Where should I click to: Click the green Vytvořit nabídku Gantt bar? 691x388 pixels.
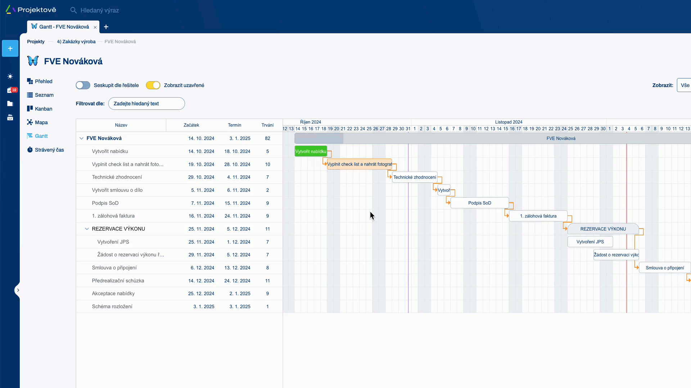pyautogui.click(x=311, y=151)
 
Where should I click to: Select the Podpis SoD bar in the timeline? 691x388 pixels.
pyautogui.click(x=479, y=203)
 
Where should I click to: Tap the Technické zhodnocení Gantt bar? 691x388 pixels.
pyautogui.click(x=414, y=177)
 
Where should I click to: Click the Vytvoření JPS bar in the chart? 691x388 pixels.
pyautogui.click(x=590, y=242)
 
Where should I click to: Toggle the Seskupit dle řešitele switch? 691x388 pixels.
pyautogui.click(x=83, y=85)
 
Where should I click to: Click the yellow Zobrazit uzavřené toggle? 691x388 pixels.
pyautogui.click(x=153, y=85)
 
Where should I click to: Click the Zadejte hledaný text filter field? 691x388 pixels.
pyautogui.click(x=146, y=103)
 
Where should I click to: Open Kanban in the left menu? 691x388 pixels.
pyautogui.click(x=43, y=109)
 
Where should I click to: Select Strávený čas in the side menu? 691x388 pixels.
pyautogui.click(x=49, y=150)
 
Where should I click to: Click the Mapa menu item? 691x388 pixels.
pyautogui.click(x=41, y=123)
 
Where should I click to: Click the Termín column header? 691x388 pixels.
pyautogui.click(x=234, y=125)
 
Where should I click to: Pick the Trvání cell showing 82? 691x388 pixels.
pyautogui.click(x=267, y=138)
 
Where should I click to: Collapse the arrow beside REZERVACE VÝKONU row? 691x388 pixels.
pyautogui.click(x=87, y=229)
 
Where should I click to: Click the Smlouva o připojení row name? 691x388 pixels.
pyautogui.click(x=114, y=268)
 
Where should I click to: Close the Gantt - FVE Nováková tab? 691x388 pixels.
pyautogui.click(x=95, y=27)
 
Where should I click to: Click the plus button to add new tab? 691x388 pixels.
pyautogui.click(x=106, y=27)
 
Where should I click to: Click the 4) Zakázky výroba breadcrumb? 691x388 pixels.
pyautogui.click(x=76, y=42)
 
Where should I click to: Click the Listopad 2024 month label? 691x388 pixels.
pyautogui.click(x=508, y=122)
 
